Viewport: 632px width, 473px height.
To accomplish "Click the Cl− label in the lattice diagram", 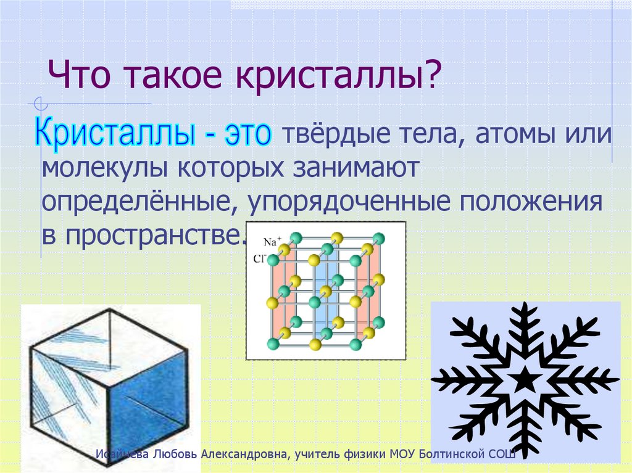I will coord(259,259).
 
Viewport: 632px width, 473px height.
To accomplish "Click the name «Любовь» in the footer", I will coord(172,454).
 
